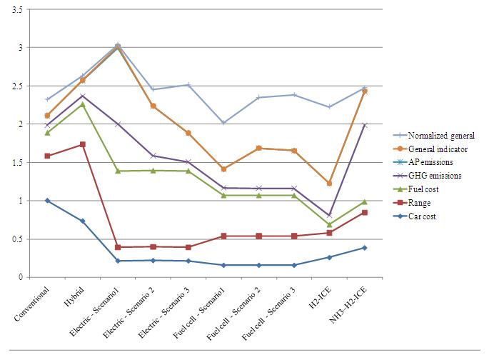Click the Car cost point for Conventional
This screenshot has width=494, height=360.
point(47,201)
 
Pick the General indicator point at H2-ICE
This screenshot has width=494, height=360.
point(329,184)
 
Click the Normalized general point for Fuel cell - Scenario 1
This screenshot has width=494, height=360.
point(223,123)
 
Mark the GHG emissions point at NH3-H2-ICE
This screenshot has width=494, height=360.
point(364,125)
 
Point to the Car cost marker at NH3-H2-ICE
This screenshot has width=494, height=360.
point(364,248)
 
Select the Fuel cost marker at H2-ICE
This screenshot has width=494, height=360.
point(329,224)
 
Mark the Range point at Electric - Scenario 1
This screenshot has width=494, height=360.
point(118,247)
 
